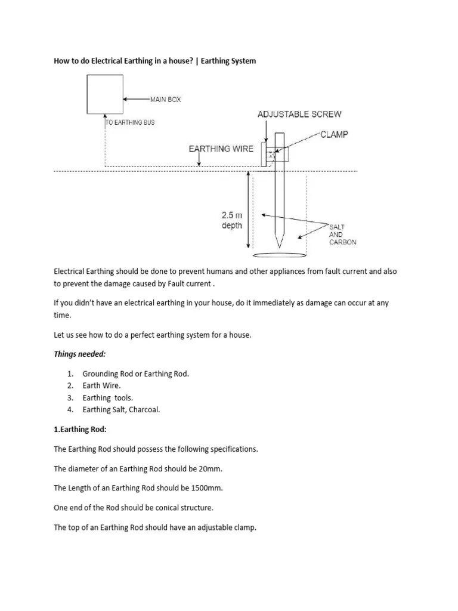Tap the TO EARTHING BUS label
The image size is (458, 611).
[x=130, y=122]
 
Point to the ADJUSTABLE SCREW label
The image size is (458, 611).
[x=299, y=114]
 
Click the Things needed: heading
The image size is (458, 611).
[x=79, y=354]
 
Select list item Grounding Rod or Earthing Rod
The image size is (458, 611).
[x=135, y=374]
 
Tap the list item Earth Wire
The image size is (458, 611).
[x=101, y=385]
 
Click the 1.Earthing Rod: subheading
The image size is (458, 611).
[x=80, y=429]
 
